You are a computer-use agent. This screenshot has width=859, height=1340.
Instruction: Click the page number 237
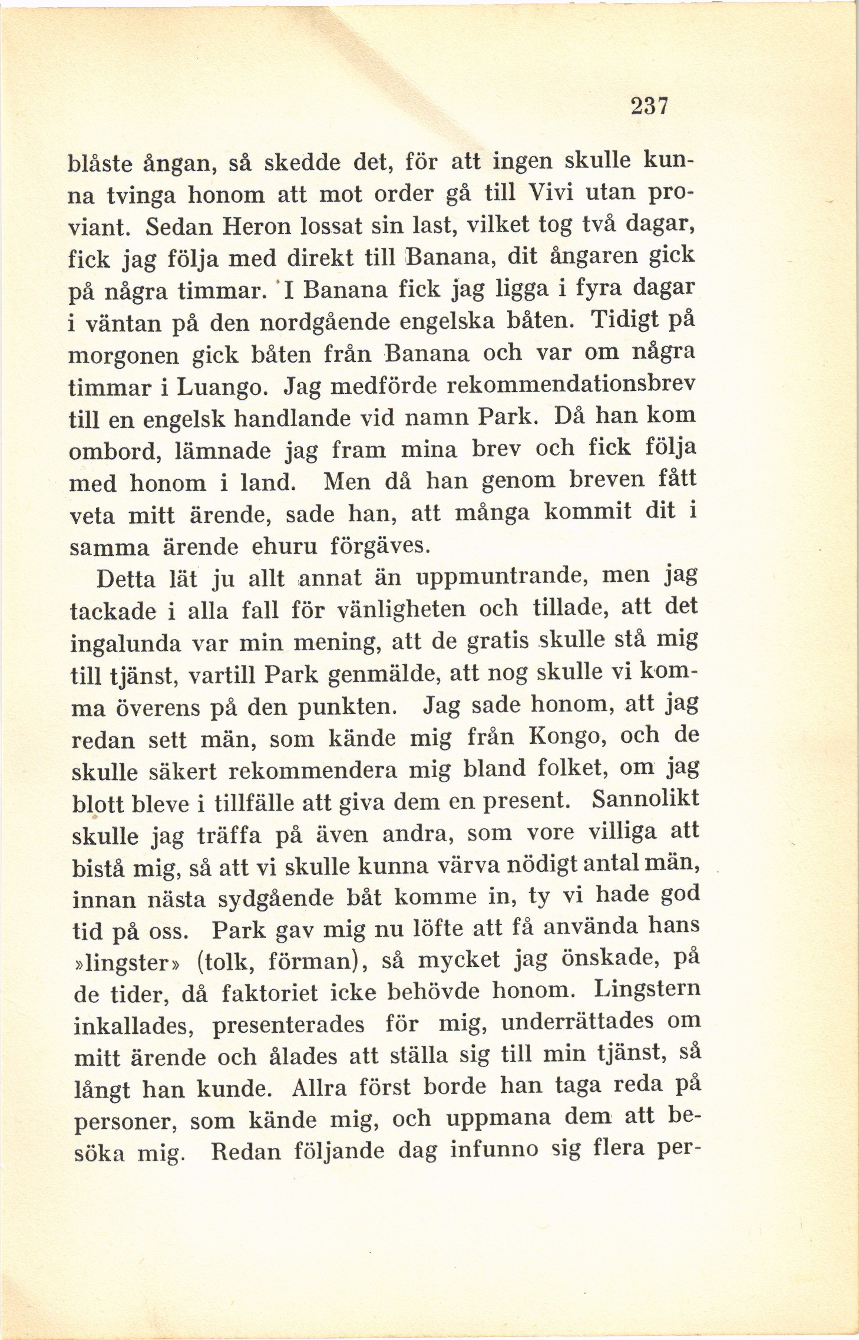649,106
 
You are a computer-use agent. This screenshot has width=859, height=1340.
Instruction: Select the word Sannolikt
645,799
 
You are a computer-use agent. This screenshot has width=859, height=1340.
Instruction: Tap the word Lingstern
646,988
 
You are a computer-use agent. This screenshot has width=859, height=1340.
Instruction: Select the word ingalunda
125,644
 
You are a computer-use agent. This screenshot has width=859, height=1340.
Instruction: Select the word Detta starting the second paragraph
125,580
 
